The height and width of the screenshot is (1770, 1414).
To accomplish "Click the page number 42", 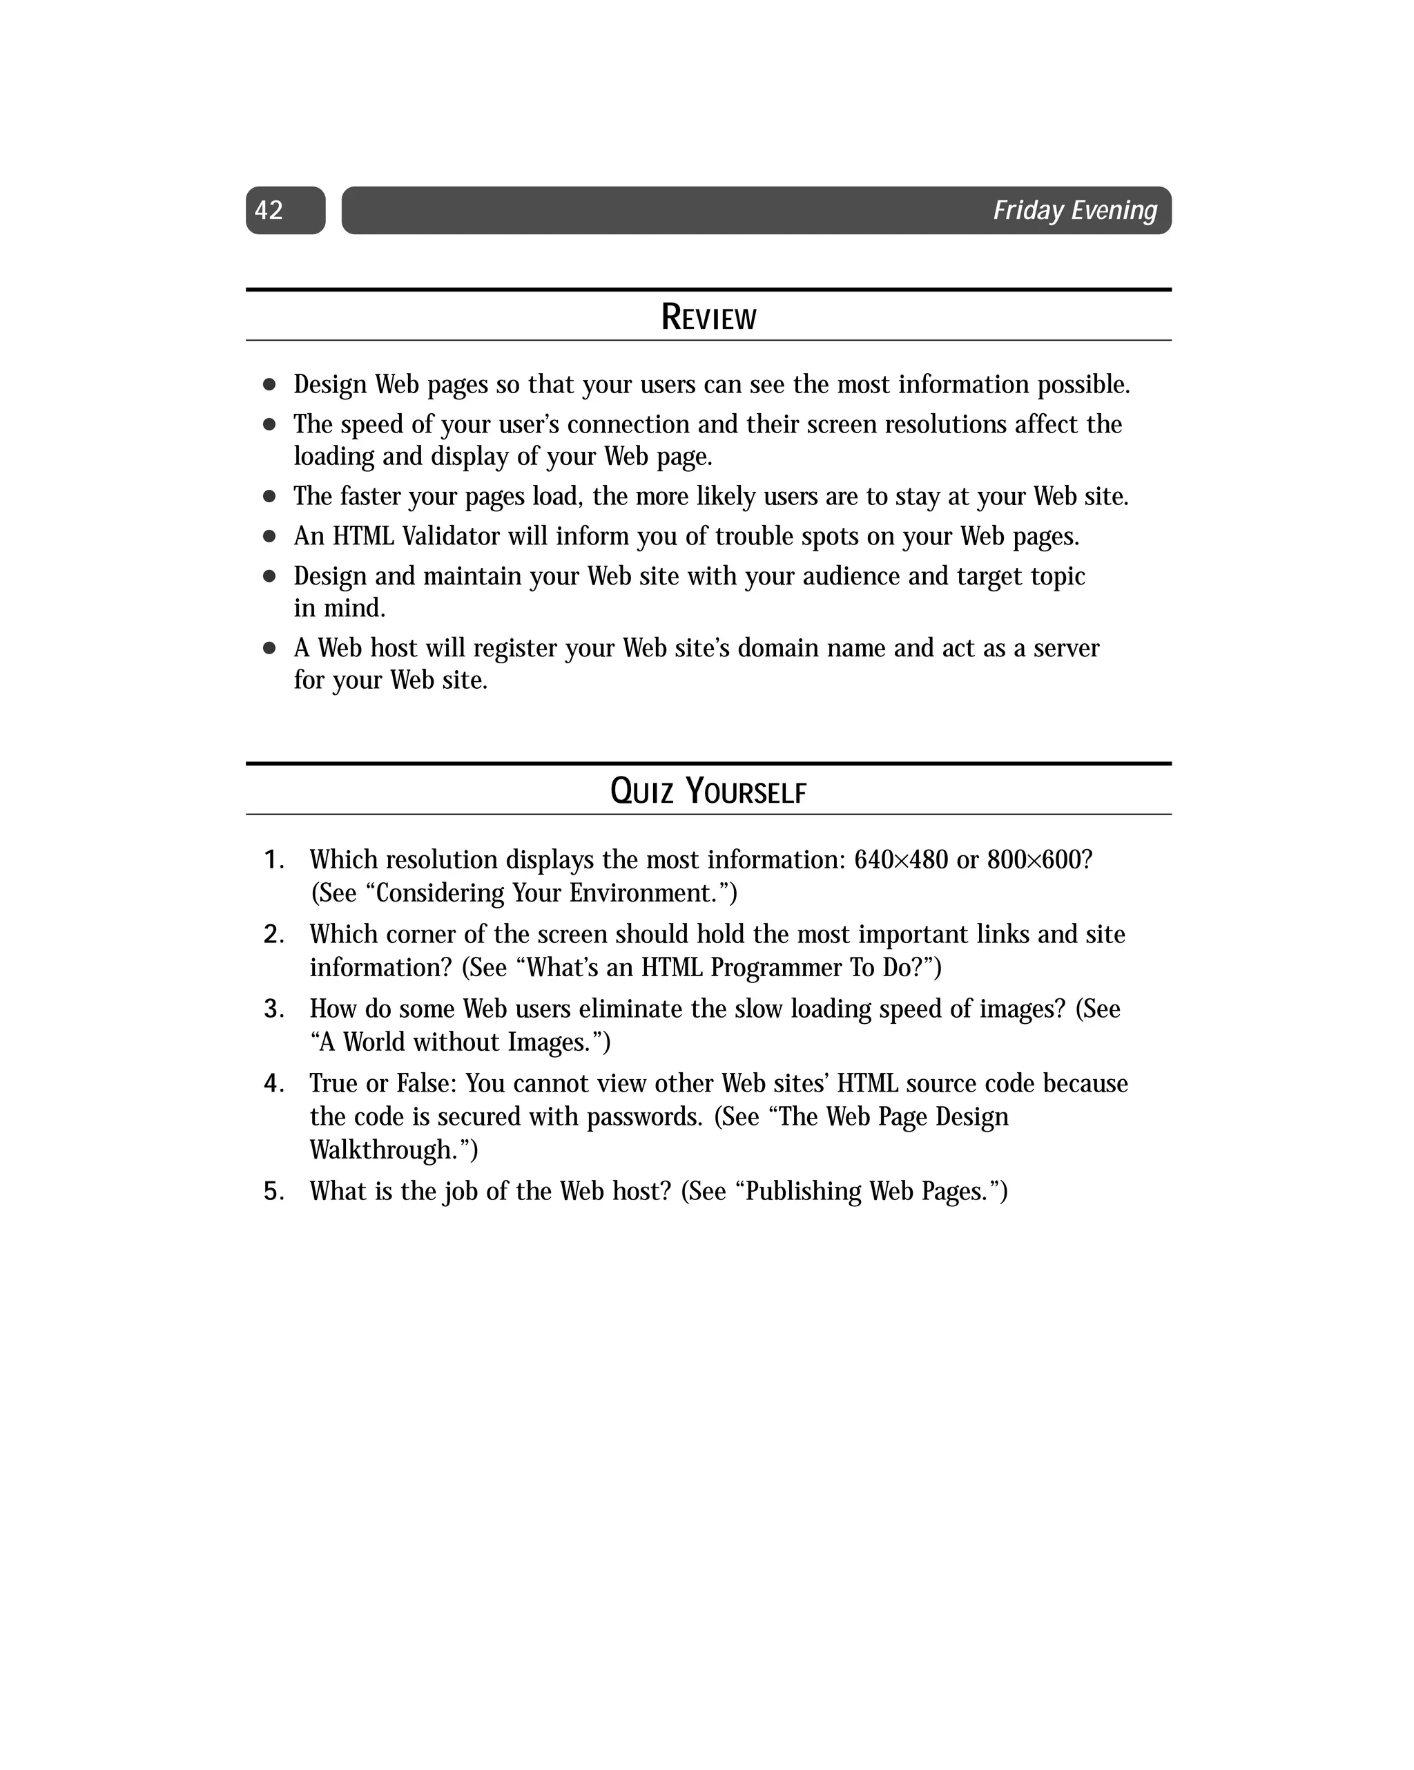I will click(x=269, y=211).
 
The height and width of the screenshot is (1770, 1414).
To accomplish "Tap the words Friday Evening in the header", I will click(x=1074, y=211).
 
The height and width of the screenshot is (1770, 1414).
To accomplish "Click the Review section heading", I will click(x=708, y=318).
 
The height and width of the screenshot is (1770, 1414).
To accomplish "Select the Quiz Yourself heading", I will click(x=708, y=792).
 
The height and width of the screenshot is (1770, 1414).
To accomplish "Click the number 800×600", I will click(x=1039, y=860).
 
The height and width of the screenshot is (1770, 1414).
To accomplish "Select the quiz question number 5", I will click(x=273, y=1192).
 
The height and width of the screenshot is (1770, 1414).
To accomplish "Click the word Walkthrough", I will click(x=392, y=1150).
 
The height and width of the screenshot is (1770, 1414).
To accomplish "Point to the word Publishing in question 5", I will click(x=802, y=1192).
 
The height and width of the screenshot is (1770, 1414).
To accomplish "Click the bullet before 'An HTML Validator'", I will click(x=269, y=537).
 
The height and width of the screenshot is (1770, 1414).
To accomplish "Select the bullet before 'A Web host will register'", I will click(x=269, y=649).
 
